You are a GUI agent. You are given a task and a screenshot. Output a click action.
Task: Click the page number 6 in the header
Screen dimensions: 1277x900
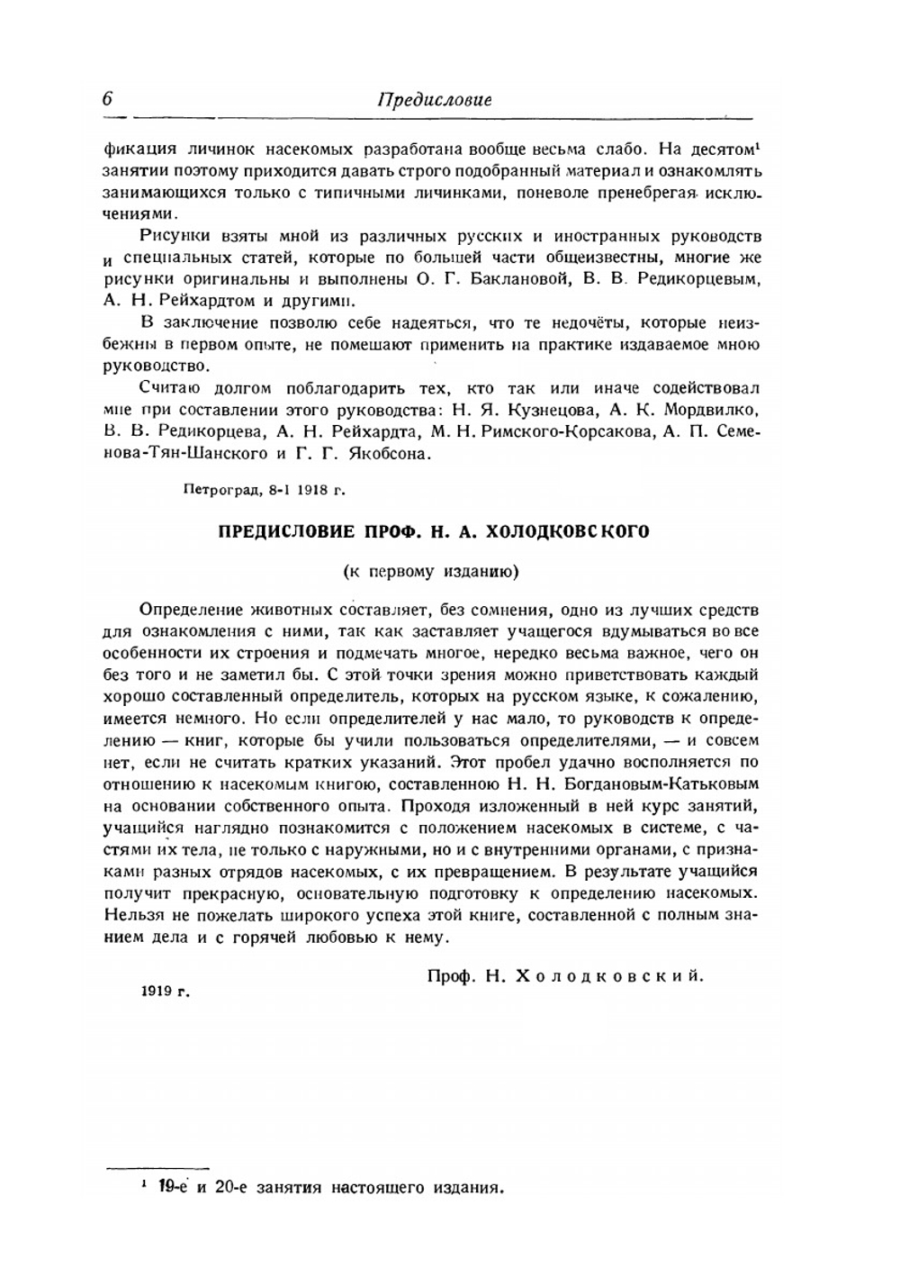tap(107, 98)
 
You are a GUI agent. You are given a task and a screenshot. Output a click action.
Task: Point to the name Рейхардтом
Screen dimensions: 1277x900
tap(195, 301)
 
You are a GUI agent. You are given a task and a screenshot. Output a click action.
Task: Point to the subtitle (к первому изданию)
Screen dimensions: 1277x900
tap(432, 571)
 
